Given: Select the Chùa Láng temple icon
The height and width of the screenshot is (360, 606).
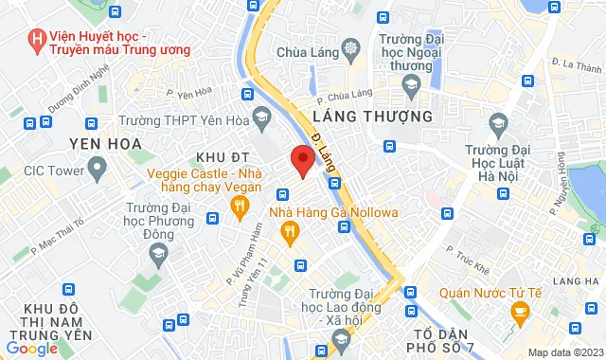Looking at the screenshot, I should click(x=352, y=47).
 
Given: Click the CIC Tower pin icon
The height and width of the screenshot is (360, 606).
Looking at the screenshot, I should click(x=96, y=170).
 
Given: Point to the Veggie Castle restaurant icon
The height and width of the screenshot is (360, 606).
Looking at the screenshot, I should click(x=241, y=203).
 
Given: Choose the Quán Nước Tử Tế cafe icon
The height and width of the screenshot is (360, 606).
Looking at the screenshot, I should click(x=519, y=311).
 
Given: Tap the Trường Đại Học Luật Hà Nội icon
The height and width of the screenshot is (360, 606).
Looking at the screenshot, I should click(x=497, y=123).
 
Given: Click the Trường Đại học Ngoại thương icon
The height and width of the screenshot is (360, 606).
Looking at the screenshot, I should click(x=411, y=86).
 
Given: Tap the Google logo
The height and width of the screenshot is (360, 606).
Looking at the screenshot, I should click(x=31, y=348).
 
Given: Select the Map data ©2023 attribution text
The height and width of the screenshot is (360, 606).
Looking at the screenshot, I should click(x=565, y=352).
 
